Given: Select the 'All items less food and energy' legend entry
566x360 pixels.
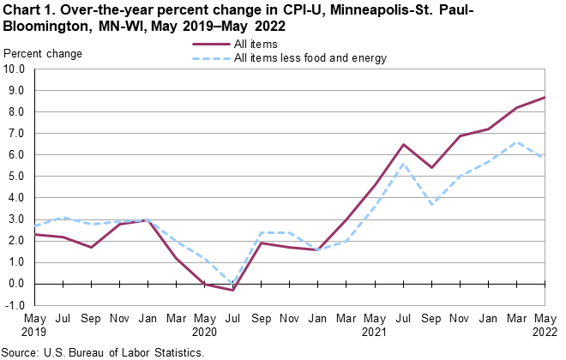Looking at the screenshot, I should (x=310, y=58).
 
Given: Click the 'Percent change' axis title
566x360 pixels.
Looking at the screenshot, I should (x=44, y=54).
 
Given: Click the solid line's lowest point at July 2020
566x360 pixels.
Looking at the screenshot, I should (x=233, y=290).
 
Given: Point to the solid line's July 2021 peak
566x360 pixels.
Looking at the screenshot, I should (x=403, y=145).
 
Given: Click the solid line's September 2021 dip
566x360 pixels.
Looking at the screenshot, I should (x=431, y=168).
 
